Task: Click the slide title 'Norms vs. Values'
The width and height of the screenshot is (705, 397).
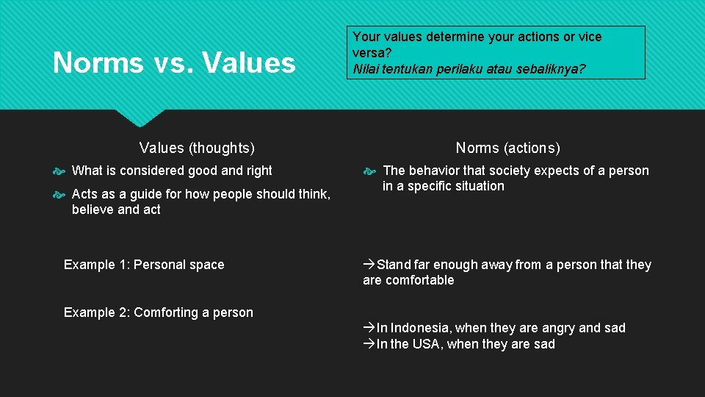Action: pos(174,63)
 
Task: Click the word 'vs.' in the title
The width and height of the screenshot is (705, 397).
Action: pos(174,63)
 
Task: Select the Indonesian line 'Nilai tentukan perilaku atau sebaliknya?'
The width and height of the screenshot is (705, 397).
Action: pos(469,69)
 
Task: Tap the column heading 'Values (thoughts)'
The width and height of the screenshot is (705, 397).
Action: pos(197,148)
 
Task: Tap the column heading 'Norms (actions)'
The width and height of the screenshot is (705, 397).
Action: pos(507,148)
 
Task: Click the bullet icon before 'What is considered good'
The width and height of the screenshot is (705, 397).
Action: pos(60,171)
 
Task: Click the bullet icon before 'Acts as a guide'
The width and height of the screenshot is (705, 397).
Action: pos(60,195)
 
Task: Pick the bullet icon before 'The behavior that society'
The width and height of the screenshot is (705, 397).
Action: pos(371,171)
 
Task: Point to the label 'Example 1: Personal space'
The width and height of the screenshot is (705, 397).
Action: pos(144,265)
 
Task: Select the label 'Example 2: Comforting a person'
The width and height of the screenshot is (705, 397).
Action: pos(158,312)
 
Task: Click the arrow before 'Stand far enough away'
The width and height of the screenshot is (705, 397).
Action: pos(369,265)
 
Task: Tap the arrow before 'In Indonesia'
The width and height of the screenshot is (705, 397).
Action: pos(369,328)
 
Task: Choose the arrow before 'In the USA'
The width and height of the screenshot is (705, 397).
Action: pos(369,344)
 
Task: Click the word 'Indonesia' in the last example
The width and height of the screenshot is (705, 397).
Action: pos(417,328)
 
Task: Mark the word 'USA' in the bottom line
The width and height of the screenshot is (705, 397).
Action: pos(427,344)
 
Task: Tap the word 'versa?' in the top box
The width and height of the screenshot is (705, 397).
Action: pos(372,53)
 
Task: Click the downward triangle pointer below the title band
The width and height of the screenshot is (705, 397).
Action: pos(140,118)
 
